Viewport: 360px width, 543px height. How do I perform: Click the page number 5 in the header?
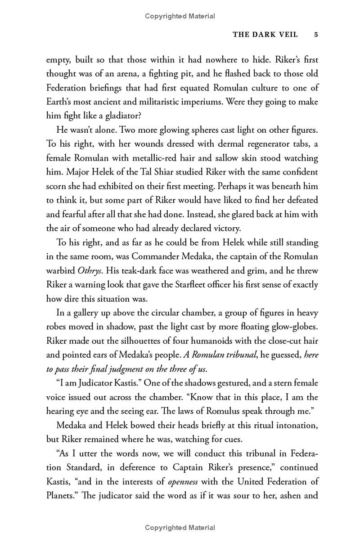[x=316, y=35]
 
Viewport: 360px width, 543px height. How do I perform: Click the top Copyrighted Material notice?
[x=180, y=16]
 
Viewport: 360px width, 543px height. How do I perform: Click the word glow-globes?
[x=293, y=326]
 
